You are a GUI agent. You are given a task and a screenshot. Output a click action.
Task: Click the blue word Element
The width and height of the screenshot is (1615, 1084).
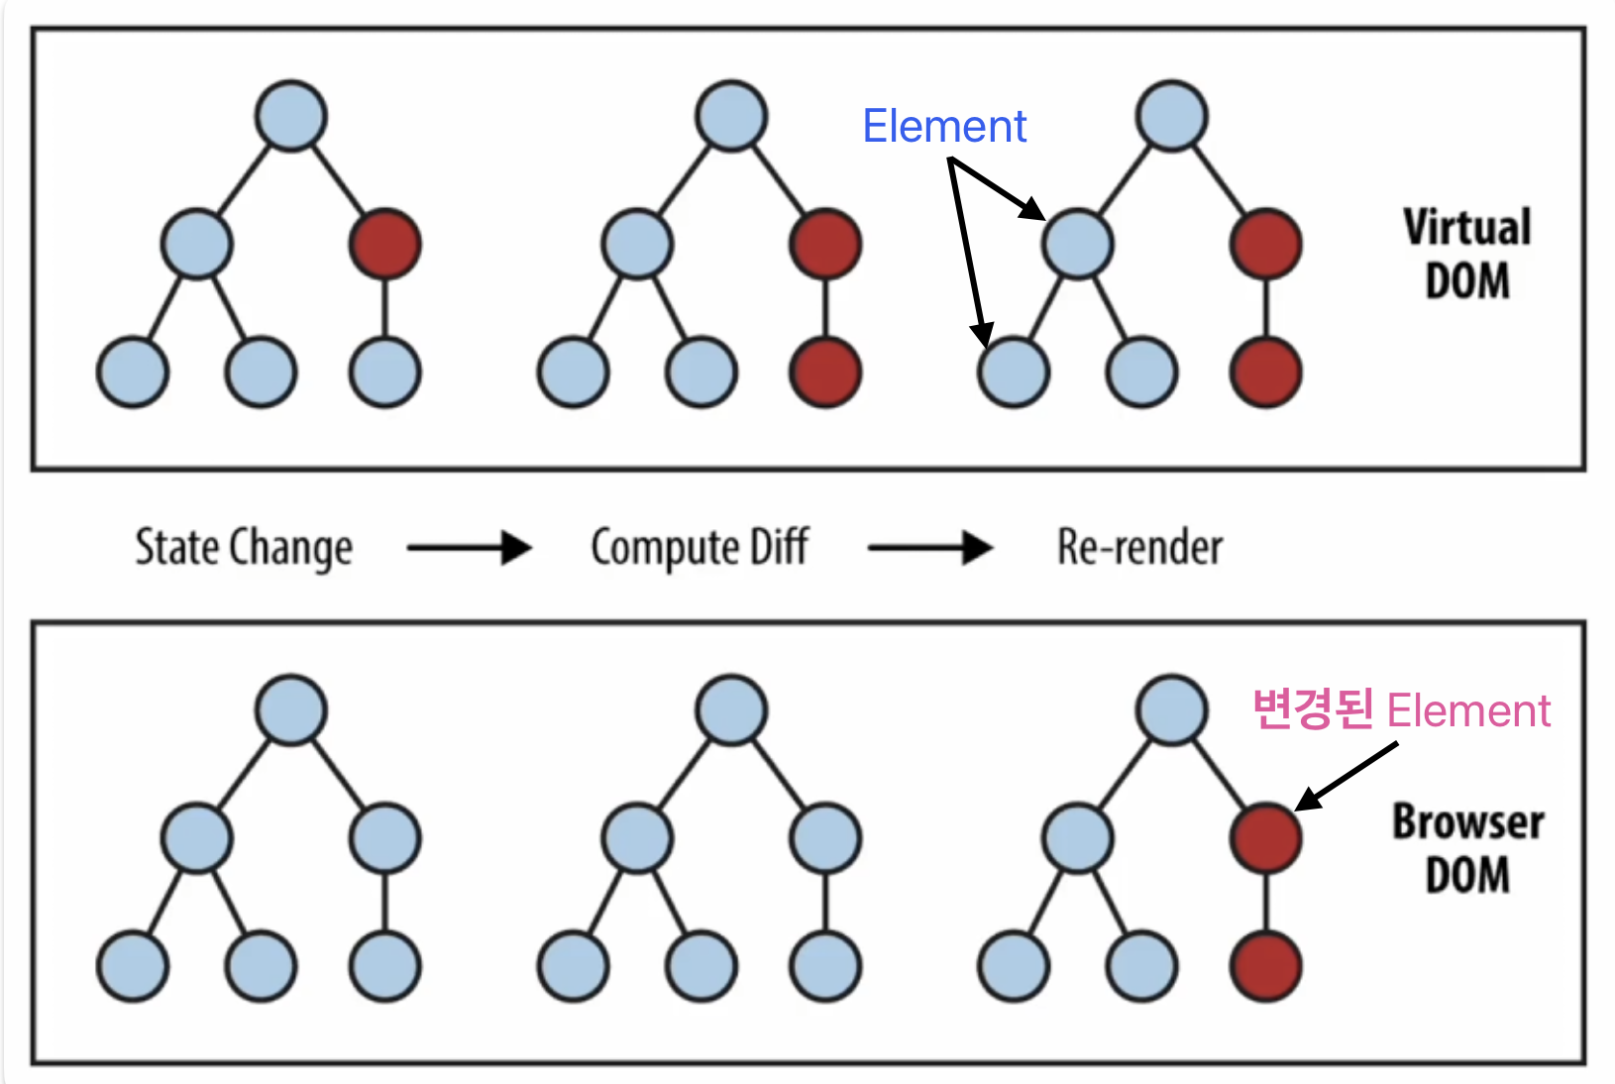click(943, 127)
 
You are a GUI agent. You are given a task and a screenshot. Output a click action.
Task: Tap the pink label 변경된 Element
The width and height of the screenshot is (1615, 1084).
click(1400, 710)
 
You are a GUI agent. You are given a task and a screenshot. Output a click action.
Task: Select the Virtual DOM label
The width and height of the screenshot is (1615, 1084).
click(1466, 254)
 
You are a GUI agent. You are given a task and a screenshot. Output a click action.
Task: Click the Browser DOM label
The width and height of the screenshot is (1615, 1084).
click(1467, 848)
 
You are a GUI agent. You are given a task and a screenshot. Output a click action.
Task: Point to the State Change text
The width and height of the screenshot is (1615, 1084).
click(244, 548)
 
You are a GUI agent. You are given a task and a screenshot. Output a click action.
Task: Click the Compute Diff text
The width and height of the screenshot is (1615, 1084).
click(700, 548)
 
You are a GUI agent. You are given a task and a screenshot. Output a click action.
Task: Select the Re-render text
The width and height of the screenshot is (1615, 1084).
click(1139, 548)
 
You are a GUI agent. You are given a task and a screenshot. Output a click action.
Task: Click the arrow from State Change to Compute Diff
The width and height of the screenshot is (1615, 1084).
click(470, 547)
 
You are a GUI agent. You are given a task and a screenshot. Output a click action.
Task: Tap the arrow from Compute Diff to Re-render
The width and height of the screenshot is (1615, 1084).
click(929, 547)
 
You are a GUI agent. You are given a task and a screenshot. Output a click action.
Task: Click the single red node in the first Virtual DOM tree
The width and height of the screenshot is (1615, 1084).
click(385, 244)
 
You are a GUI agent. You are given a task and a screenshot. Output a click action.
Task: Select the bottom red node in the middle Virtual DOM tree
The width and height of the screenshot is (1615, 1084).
click(825, 373)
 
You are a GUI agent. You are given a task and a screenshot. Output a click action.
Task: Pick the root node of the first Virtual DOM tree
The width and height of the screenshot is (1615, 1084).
click(291, 116)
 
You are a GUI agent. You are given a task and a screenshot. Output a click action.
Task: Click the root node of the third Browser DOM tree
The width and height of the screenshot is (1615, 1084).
click(1172, 710)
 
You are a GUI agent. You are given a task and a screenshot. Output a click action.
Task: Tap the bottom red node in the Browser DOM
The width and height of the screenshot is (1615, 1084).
click(1265, 967)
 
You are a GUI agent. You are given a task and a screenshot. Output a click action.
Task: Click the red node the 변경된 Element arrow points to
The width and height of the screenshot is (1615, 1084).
click(1265, 838)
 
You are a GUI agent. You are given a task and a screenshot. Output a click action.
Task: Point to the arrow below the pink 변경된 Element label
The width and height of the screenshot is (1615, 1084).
click(1347, 776)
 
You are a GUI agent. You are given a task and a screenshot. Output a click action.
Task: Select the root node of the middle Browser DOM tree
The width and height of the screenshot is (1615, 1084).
click(731, 710)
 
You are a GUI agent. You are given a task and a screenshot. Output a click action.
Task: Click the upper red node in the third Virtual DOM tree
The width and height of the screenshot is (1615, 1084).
click(1265, 244)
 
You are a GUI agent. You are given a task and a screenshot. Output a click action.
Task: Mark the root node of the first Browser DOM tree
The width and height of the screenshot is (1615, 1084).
click(291, 710)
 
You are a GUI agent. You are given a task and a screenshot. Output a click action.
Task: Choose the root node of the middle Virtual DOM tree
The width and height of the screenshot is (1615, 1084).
click(731, 116)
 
